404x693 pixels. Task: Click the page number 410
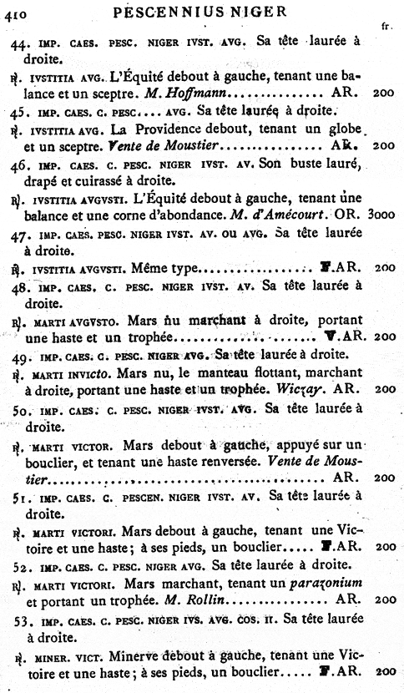point(13,12)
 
